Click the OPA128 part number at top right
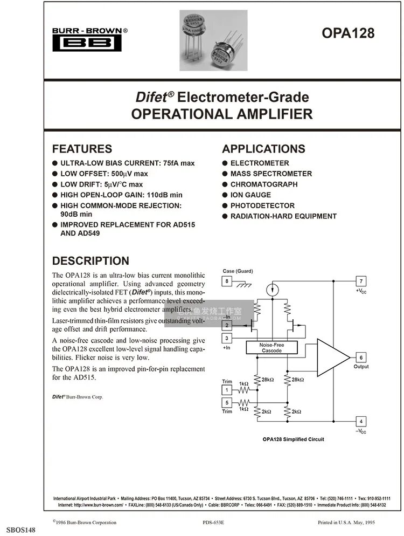(347, 33)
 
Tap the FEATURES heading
(82, 149)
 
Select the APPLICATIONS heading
(263, 149)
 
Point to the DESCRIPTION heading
(90, 261)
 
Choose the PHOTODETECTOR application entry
(262, 205)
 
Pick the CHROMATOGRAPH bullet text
(264, 184)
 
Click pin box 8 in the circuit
(227, 281)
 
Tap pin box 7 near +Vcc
(361, 281)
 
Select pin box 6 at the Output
(361, 358)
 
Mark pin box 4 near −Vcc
(361, 422)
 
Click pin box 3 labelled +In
(227, 338)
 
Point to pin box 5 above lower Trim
(227, 402)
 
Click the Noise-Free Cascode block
(271, 348)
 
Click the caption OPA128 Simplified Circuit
(293, 439)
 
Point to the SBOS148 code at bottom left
(21, 531)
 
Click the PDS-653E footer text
(213, 523)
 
